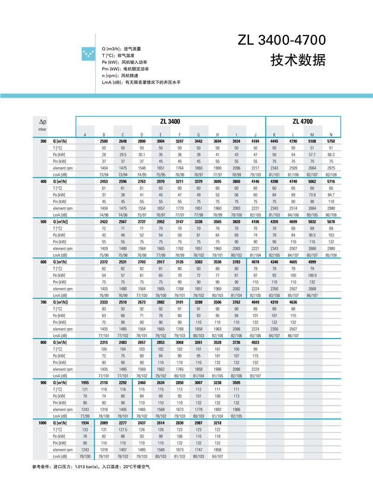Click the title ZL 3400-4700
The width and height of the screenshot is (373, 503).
(x=282, y=41)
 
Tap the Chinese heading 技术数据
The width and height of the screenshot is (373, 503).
(x=298, y=60)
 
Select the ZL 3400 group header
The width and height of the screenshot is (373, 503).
(x=170, y=121)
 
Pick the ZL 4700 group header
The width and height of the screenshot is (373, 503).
(x=303, y=121)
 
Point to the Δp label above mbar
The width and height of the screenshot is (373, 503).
(x=41, y=121)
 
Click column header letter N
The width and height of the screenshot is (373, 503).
(x=331, y=135)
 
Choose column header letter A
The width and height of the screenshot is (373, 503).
(x=85, y=135)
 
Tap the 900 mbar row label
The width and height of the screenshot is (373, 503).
(x=43, y=383)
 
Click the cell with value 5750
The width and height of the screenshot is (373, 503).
(x=331, y=141)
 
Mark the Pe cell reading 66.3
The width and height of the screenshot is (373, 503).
(x=331, y=154)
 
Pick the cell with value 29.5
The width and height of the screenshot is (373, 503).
(x=123, y=154)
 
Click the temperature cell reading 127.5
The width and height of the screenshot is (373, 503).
(x=123, y=429)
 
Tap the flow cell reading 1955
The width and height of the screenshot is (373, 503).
(x=85, y=383)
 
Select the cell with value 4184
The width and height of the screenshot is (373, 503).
(x=256, y=141)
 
